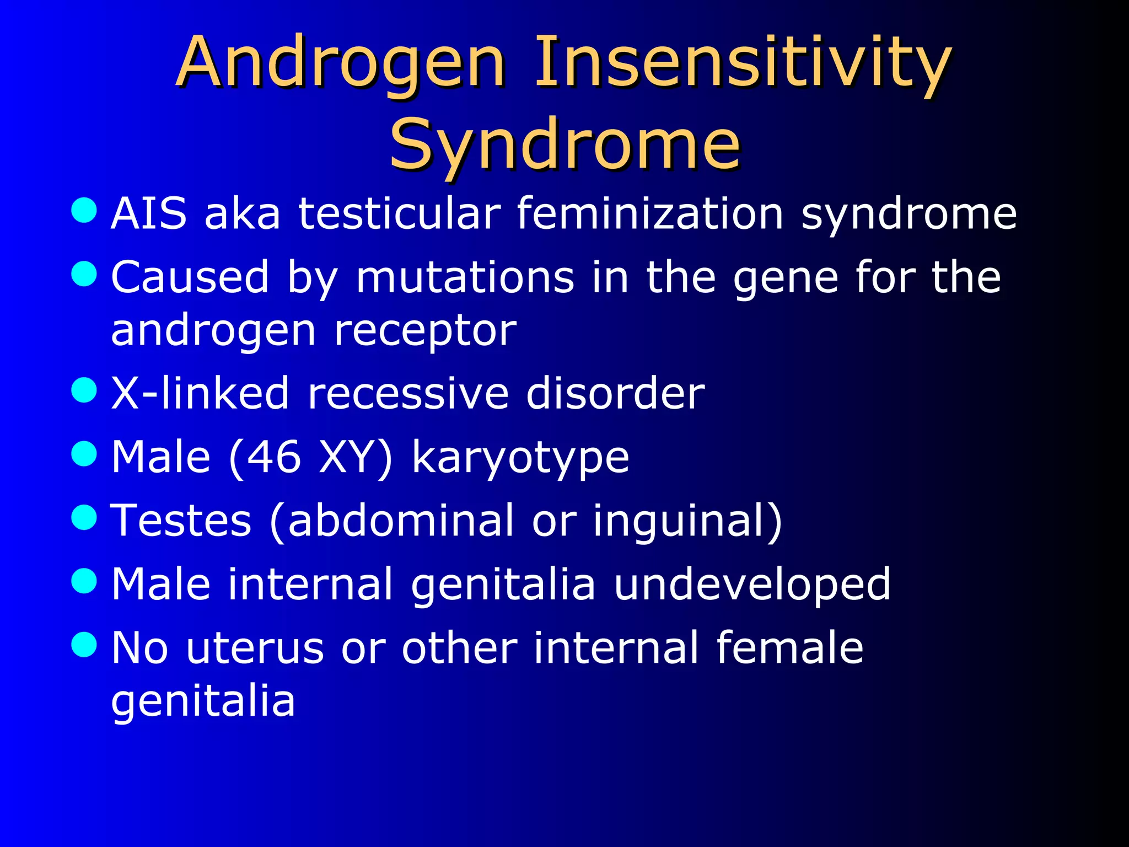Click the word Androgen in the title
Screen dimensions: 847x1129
click(340, 63)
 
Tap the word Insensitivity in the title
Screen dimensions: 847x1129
click(741, 63)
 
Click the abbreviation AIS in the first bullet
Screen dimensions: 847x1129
click(149, 214)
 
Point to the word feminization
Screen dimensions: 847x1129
click(650, 214)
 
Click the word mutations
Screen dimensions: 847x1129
click(465, 277)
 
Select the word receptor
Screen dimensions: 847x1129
click(426, 331)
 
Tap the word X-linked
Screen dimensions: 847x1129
click(200, 394)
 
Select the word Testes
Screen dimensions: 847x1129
click(181, 521)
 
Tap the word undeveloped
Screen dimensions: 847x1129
click(752, 585)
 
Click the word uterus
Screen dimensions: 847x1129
click(255, 648)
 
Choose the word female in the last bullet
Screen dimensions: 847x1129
click(789, 647)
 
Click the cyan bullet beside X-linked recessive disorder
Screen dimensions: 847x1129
click(84, 390)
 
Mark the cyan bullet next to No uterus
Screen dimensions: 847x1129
click(84, 644)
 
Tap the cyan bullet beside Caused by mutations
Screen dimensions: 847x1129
click(84, 274)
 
